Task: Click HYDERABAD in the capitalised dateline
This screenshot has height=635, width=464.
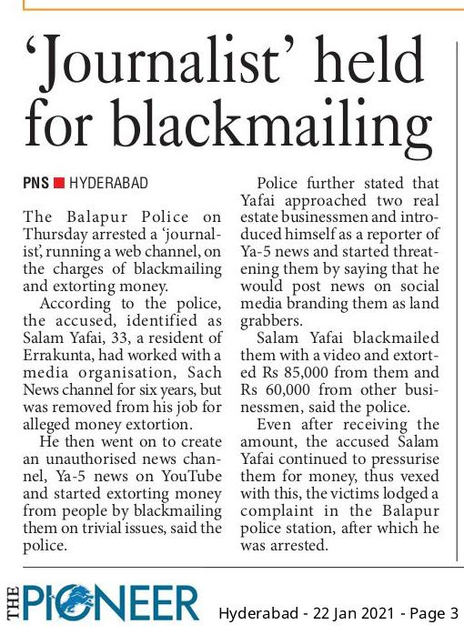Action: [x=108, y=183]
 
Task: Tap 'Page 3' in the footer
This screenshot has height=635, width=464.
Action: [x=435, y=612]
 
